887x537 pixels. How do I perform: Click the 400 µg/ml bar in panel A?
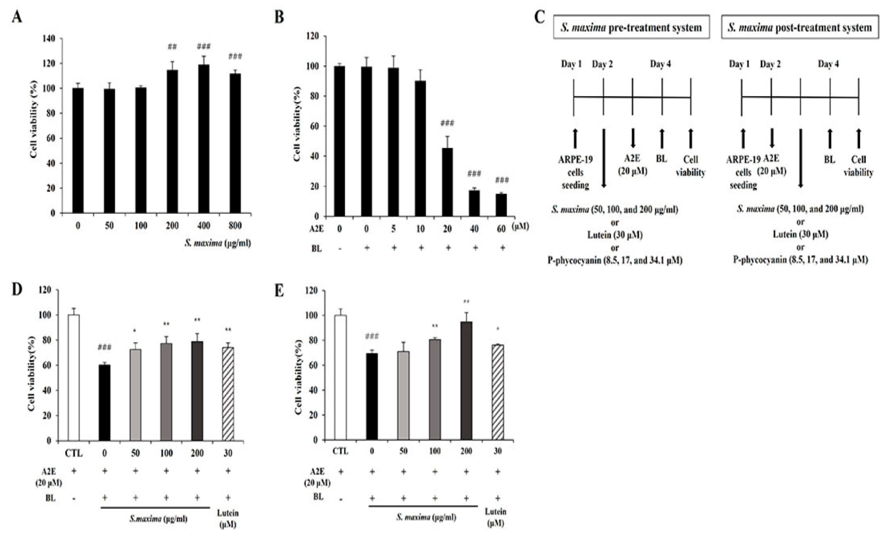204,139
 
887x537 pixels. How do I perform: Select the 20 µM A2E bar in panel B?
447,183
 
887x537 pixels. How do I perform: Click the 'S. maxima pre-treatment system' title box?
631,28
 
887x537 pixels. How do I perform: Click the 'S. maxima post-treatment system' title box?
800,28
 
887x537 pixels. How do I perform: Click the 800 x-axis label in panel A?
235,226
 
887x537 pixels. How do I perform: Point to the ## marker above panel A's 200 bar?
172,47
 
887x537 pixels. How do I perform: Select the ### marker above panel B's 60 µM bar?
501,180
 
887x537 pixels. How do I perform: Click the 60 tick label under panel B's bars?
501,229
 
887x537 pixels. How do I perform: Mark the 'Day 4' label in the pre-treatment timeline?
660,64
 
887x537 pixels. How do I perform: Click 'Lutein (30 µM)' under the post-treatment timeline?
800,234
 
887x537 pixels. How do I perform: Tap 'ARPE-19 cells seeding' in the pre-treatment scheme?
575,172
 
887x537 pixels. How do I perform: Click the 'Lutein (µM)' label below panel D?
228,519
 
